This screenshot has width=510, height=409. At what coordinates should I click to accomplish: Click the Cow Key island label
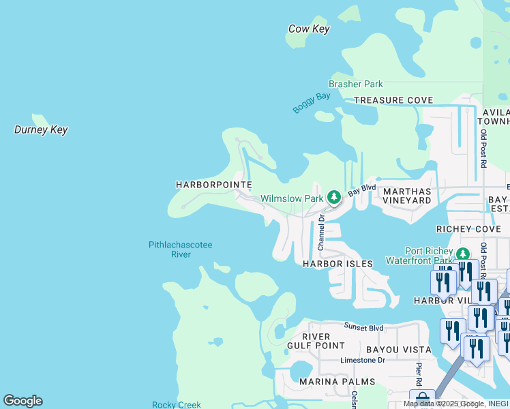point(309,29)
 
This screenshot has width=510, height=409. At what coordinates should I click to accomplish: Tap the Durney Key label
point(41,130)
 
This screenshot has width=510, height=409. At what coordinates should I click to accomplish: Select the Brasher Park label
point(355,84)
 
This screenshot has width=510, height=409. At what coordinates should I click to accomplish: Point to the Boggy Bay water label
point(312,103)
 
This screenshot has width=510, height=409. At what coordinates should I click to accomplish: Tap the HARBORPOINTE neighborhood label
point(213,185)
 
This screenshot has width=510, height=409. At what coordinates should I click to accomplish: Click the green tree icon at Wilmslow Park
point(333,198)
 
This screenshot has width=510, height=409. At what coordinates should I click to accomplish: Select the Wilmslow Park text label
point(291,199)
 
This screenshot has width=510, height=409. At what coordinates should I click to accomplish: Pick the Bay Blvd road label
point(361,190)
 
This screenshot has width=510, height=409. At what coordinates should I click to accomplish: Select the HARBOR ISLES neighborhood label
point(338,264)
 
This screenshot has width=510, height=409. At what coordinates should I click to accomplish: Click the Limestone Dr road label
point(363,359)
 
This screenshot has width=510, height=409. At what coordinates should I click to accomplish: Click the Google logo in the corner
point(22,401)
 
